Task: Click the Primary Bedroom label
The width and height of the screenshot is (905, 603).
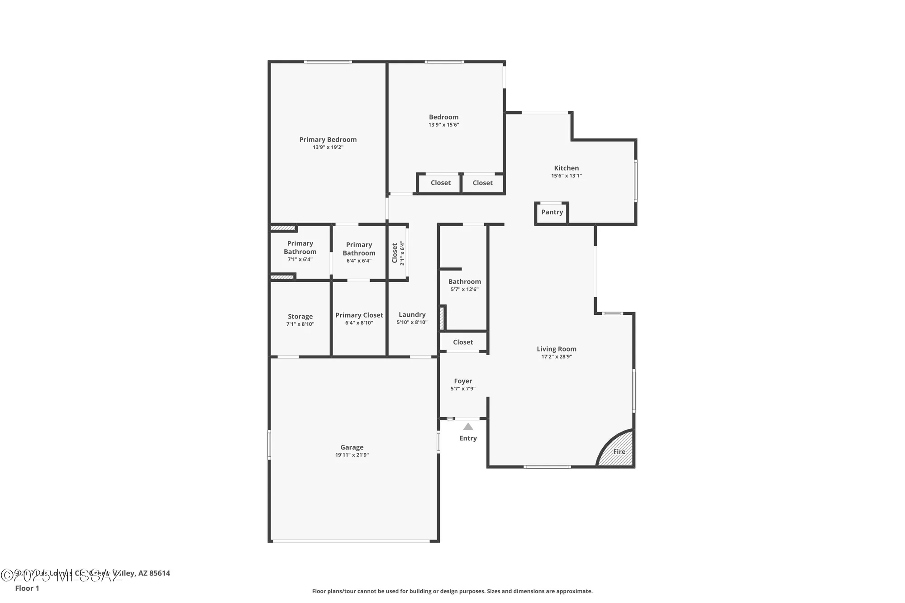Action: point(328,140)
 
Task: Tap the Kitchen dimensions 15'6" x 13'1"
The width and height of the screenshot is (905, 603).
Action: point(566,176)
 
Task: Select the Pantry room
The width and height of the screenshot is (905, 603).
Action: point(552,212)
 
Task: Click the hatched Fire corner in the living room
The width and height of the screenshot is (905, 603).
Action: point(619,451)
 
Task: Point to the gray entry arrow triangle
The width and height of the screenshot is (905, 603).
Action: point(468,427)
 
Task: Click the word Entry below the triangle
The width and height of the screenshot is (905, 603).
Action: point(468,438)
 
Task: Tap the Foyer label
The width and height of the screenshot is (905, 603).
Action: point(463,381)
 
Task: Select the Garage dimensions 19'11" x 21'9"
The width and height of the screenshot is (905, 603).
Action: point(352,455)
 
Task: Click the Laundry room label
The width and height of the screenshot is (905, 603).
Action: point(412,315)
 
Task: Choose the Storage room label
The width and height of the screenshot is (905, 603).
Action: point(300,317)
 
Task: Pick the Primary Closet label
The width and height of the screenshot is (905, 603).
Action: point(359,315)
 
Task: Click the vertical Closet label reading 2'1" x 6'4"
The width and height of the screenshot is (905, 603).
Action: point(398,253)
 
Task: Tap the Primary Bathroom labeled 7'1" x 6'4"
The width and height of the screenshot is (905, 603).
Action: point(300,251)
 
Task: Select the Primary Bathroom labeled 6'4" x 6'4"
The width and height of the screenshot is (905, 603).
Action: point(359,252)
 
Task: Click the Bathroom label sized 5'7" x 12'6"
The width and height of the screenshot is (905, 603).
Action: point(464,282)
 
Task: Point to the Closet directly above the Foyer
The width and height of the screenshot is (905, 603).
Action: point(463,342)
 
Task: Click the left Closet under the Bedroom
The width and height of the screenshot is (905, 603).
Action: point(440,183)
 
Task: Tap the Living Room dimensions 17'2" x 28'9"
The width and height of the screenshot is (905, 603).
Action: point(557,357)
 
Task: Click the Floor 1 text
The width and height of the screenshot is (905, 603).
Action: point(27,588)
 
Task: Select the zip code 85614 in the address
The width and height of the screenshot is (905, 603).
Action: point(160,573)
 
